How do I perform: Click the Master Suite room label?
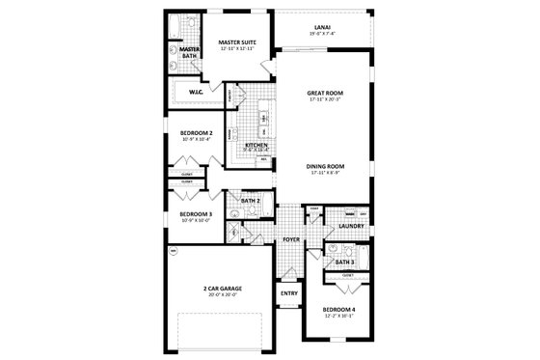[236, 42]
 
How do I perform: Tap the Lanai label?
[324, 26]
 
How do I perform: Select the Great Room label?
[326, 93]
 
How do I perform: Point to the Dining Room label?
[326, 167]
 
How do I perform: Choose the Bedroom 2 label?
[196, 134]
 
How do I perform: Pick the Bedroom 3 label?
[196, 213]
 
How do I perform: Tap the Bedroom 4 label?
[339, 309]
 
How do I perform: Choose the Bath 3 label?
[344, 262]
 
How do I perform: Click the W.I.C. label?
[195, 93]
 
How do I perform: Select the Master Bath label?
[188, 52]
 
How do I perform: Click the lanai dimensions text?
[324, 34]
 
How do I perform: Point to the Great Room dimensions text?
[326, 99]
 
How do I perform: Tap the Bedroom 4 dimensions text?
[339, 316]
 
